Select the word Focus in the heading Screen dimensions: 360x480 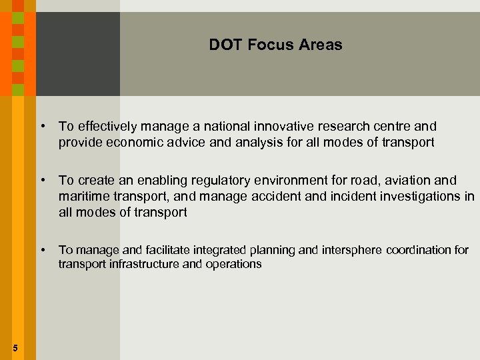point(264,45)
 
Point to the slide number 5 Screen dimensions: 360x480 point(15,347)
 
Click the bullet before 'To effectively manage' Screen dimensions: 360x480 point(42,126)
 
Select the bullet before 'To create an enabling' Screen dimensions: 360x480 point(42,181)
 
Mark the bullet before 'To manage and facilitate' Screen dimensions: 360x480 point(42,250)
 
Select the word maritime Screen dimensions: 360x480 point(82,197)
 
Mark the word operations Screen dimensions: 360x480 point(233,264)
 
